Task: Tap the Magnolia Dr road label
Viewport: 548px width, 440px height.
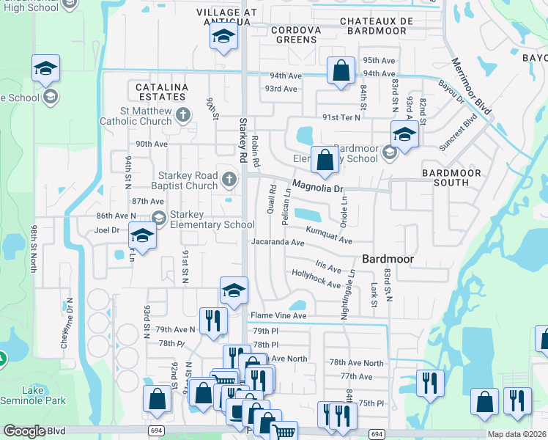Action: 318,187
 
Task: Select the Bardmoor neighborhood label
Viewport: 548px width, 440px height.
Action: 388,259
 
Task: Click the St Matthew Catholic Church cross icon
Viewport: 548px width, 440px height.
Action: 183,114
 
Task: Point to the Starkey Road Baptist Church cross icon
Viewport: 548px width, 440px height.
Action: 229,178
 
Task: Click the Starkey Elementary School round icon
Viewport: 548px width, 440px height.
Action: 159,217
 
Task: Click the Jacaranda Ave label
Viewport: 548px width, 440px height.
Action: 277,241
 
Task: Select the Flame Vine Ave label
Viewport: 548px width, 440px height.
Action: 278,315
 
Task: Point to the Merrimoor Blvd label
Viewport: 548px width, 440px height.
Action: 470,87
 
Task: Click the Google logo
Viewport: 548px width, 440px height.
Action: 24,431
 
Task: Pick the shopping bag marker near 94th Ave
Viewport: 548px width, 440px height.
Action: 341,71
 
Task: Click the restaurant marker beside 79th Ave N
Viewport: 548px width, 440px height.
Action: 213,321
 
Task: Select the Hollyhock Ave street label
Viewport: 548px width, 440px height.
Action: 316,278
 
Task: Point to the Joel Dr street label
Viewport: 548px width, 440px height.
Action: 106,229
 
